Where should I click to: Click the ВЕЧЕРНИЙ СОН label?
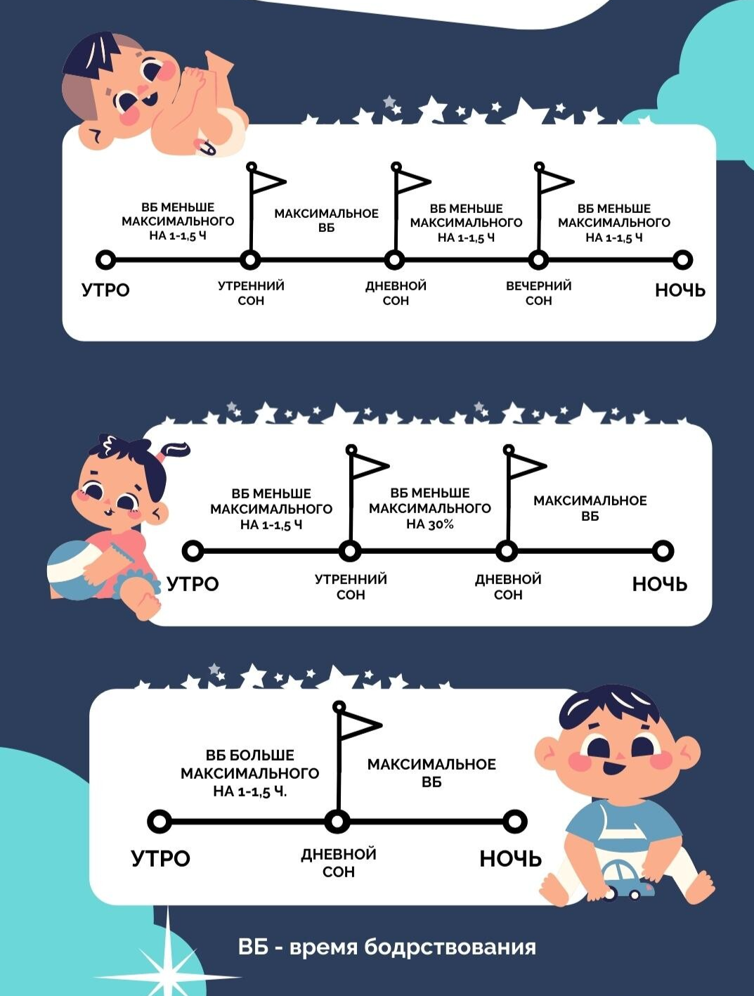tap(538, 293)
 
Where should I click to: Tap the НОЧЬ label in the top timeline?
tap(680, 290)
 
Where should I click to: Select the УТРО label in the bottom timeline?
tap(160, 858)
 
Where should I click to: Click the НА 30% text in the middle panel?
tap(429, 524)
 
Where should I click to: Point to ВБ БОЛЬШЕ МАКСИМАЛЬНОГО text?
tap(249, 765)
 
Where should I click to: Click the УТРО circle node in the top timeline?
tap(105, 260)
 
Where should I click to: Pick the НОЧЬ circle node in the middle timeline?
tap(662, 551)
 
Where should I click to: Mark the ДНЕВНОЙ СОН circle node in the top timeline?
tap(395, 260)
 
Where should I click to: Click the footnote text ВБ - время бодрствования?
tap(386, 947)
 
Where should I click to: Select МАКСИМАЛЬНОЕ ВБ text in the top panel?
tap(326, 221)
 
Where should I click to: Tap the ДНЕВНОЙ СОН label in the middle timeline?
tap(508, 587)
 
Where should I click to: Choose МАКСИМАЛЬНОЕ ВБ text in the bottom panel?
tap(431, 772)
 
